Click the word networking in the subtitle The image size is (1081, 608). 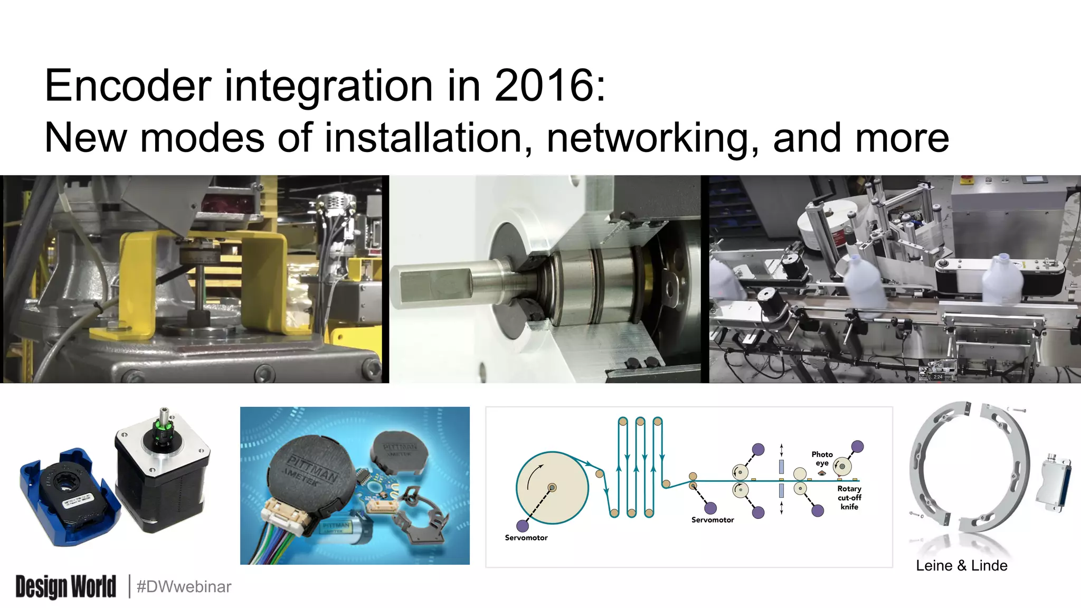[x=652, y=138]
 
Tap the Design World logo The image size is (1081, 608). [x=65, y=587]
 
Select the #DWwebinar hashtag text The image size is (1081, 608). [x=184, y=587]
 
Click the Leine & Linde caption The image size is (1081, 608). [x=961, y=566]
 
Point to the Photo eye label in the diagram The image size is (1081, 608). [x=822, y=458]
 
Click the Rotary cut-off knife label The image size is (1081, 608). [x=849, y=498]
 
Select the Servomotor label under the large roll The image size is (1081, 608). [x=526, y=538]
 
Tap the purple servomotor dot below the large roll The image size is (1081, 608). [x=523, y=526]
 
